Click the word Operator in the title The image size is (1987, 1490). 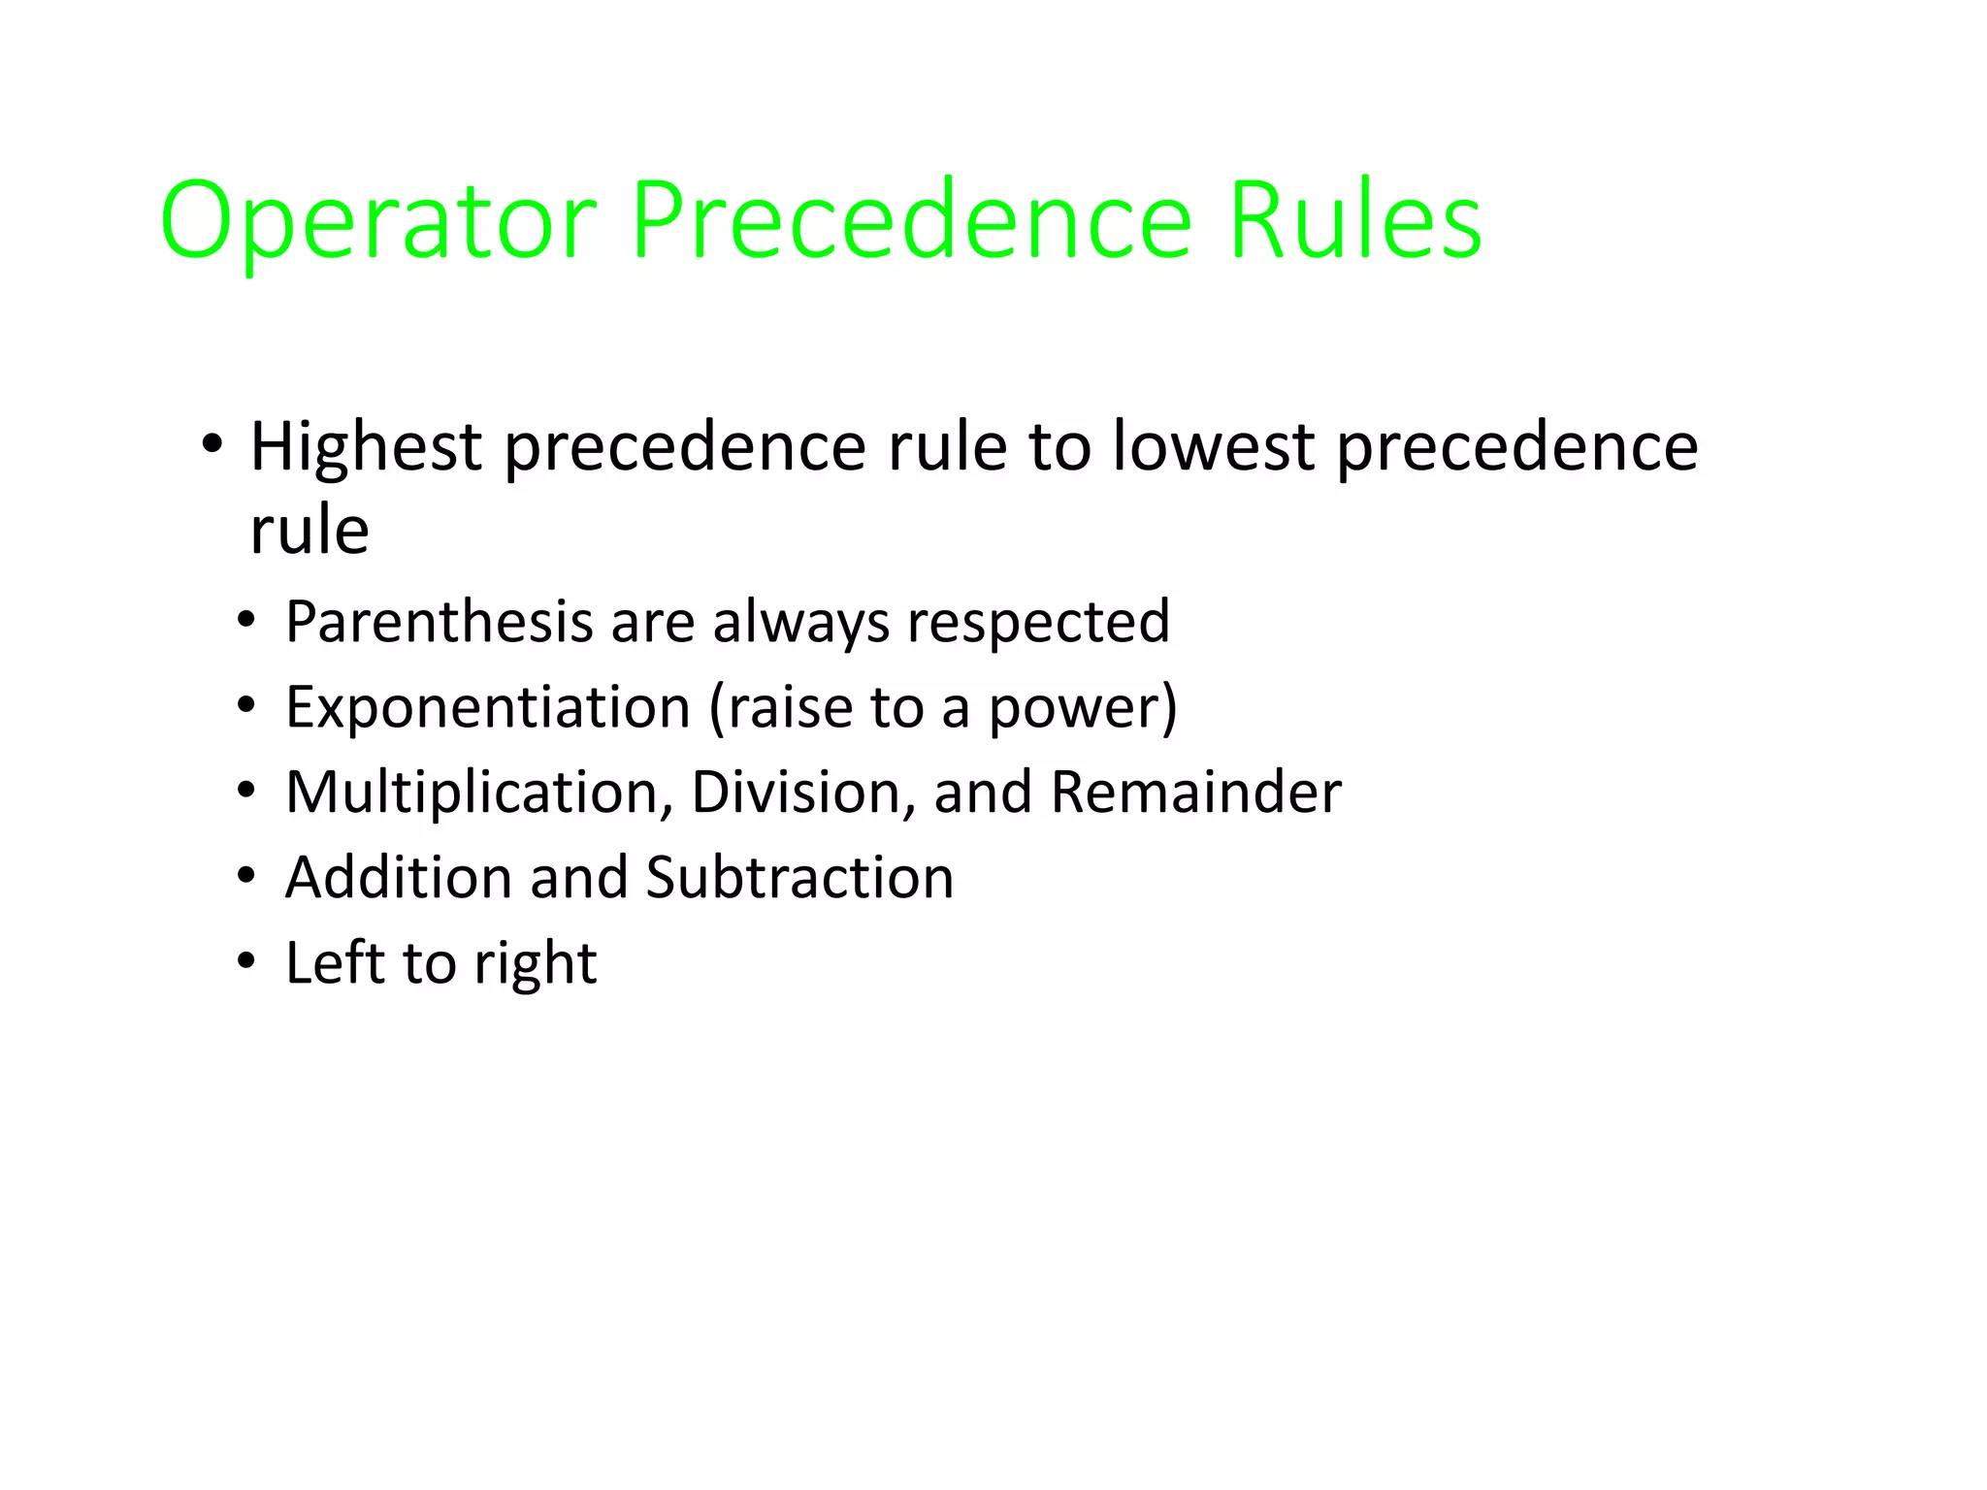(378, 221)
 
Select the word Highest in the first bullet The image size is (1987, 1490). (366, 447)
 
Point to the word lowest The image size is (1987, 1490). (1213, 447)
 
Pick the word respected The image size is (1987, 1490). (1038, 622)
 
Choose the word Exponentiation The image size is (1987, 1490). (487, 707)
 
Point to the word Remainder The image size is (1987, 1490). (1196, 793)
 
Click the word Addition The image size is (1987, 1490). (398, 878)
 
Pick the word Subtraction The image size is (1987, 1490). (799, 878)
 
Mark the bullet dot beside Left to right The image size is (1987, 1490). (246, 962)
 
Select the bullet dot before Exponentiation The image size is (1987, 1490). (246, 705)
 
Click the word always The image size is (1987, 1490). (800, 622)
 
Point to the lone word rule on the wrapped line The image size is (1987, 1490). (309, 531)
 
